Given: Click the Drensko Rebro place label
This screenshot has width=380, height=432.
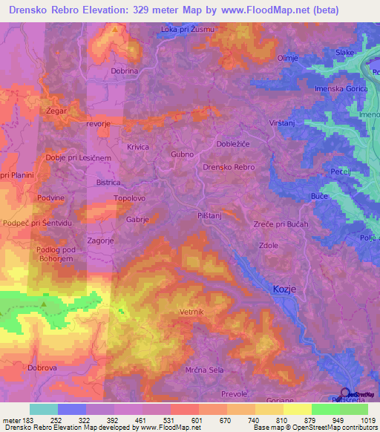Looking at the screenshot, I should tap(229, 168).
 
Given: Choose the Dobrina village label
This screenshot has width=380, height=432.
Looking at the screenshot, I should tap(125, 71).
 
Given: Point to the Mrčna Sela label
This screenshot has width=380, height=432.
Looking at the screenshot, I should tap(203, 369).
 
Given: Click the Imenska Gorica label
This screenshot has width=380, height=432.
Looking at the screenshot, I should tap(341, 88).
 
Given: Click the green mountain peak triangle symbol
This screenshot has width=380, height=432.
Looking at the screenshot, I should tap(44, 304).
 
